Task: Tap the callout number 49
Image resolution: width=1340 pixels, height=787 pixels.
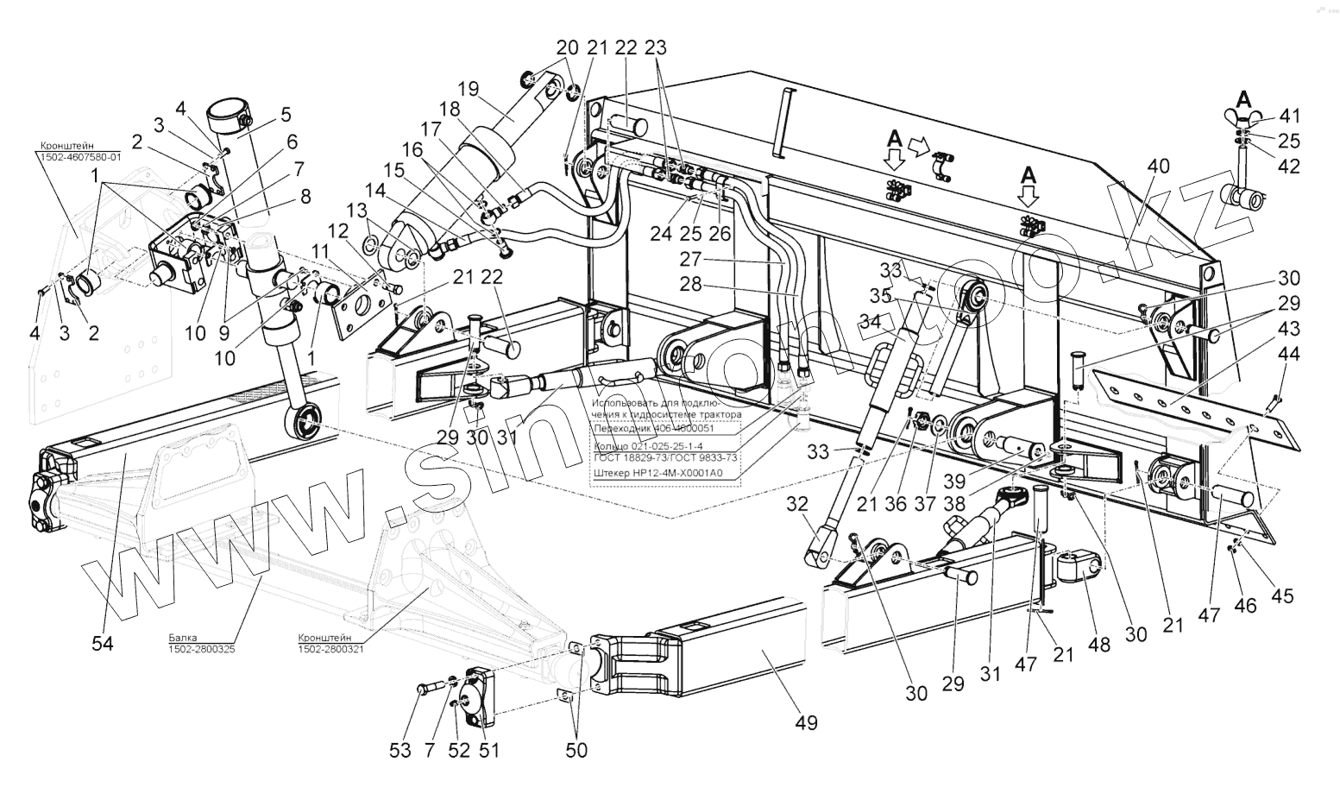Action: tap(807, 723)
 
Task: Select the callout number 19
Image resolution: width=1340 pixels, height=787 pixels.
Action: tap(468, 89)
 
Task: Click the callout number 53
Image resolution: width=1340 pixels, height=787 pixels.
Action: tap(399, 750)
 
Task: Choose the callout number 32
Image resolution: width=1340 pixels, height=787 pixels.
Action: tap(797, 504)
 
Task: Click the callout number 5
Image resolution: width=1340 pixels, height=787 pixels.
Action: tap(286, 114)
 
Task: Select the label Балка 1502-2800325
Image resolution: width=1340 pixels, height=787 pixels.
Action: tap(201, 643)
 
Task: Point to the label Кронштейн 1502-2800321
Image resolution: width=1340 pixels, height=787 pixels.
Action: tap(330, 643)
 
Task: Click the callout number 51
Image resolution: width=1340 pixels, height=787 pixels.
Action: tap(489, 750)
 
